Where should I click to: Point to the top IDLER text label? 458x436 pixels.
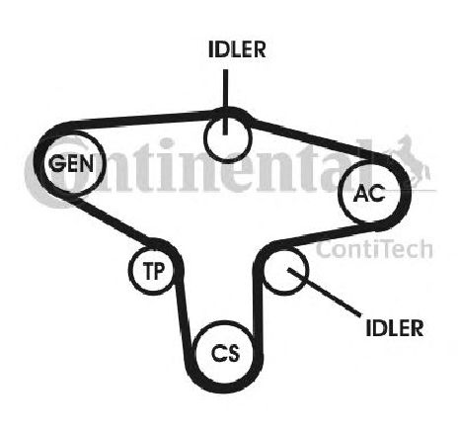[237, 49]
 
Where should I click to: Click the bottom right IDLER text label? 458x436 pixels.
[395, 328]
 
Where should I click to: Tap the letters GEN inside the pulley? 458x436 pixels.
[71, 163]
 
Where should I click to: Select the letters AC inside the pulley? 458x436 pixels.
[369, 193]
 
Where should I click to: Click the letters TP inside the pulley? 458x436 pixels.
[154, 271]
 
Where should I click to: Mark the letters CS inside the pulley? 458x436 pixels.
[226, 353]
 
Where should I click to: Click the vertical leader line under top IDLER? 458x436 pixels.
[225, 102]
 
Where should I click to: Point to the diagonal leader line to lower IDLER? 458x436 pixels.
[324, 293]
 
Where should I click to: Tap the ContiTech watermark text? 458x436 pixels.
[374, 249]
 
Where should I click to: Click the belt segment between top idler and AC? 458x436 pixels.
[318, 139]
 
